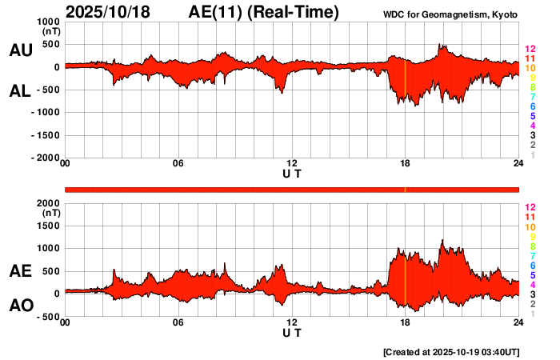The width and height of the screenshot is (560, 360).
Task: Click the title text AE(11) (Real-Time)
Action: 264,12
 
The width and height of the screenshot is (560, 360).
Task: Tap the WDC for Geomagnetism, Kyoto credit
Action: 451,15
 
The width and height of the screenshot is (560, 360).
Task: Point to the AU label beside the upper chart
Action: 20,50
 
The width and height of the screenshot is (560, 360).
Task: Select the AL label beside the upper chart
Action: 20,90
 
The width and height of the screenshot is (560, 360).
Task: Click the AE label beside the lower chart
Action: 20,271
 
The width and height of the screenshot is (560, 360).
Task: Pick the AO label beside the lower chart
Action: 20,306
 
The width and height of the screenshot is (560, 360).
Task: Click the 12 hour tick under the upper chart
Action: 292,164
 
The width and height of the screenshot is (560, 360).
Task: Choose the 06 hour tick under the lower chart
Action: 178,322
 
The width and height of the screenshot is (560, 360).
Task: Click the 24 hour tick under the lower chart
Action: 518,322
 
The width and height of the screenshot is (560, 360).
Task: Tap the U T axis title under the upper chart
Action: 292,174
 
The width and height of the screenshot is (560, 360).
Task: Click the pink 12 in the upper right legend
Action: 530,49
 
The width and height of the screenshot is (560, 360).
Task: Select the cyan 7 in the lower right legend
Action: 531,255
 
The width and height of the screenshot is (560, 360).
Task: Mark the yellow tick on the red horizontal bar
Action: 406,190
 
